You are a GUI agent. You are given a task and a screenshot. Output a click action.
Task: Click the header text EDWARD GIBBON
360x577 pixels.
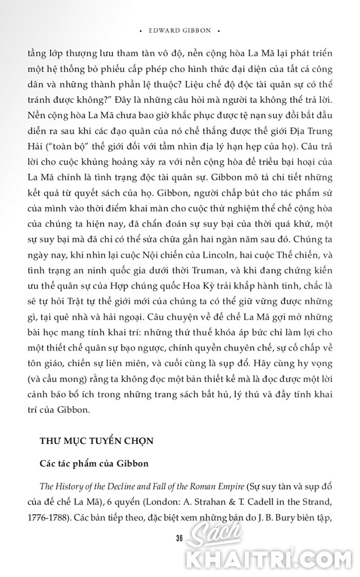[179, 30]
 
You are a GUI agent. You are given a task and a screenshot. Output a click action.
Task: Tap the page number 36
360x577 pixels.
[179, 538]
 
